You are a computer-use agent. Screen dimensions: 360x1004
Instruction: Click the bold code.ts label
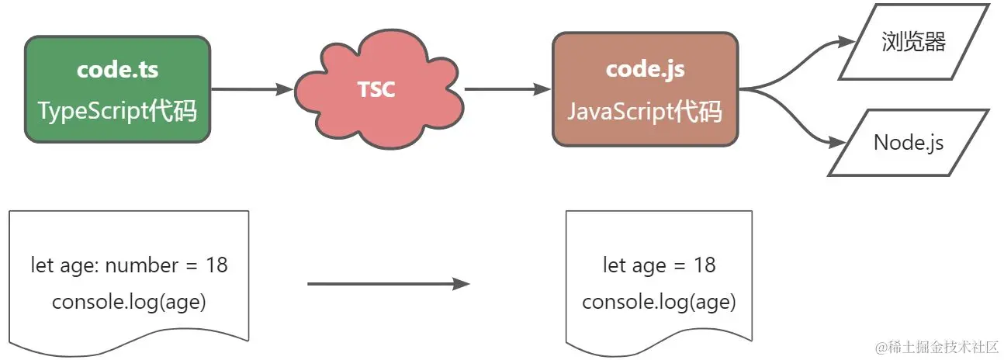pyautogui.click(x=117, y=70)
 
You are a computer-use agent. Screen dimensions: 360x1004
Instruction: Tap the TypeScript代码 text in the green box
pyautogui.click(x=117, y=112)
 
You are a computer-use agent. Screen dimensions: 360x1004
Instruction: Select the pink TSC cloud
pyautogui.click(x=377, y=90)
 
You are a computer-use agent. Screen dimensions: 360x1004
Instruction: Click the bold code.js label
pyautogui.click(x=645, y=69)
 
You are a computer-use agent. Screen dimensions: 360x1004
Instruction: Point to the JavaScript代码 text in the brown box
pyautogui.click(x=645, y=112)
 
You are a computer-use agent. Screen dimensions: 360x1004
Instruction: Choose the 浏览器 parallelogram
pyautogui.click(x=913, y=42)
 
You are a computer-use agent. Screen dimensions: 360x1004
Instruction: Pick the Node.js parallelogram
pyautogui.click(x=909, y=143)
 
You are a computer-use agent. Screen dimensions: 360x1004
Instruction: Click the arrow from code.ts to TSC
pyautogui.click(x=251, y=89)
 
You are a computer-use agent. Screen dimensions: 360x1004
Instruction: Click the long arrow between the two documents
pyautogui.click(x=388, y=284)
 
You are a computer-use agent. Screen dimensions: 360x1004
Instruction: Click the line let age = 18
pyautogui.click(x=659, y=265)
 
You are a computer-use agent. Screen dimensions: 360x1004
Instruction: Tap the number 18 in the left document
pyautogui.click(x=216, y=265)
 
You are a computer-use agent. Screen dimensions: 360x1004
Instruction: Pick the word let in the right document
pyautogui.click(x=613, y=265)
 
